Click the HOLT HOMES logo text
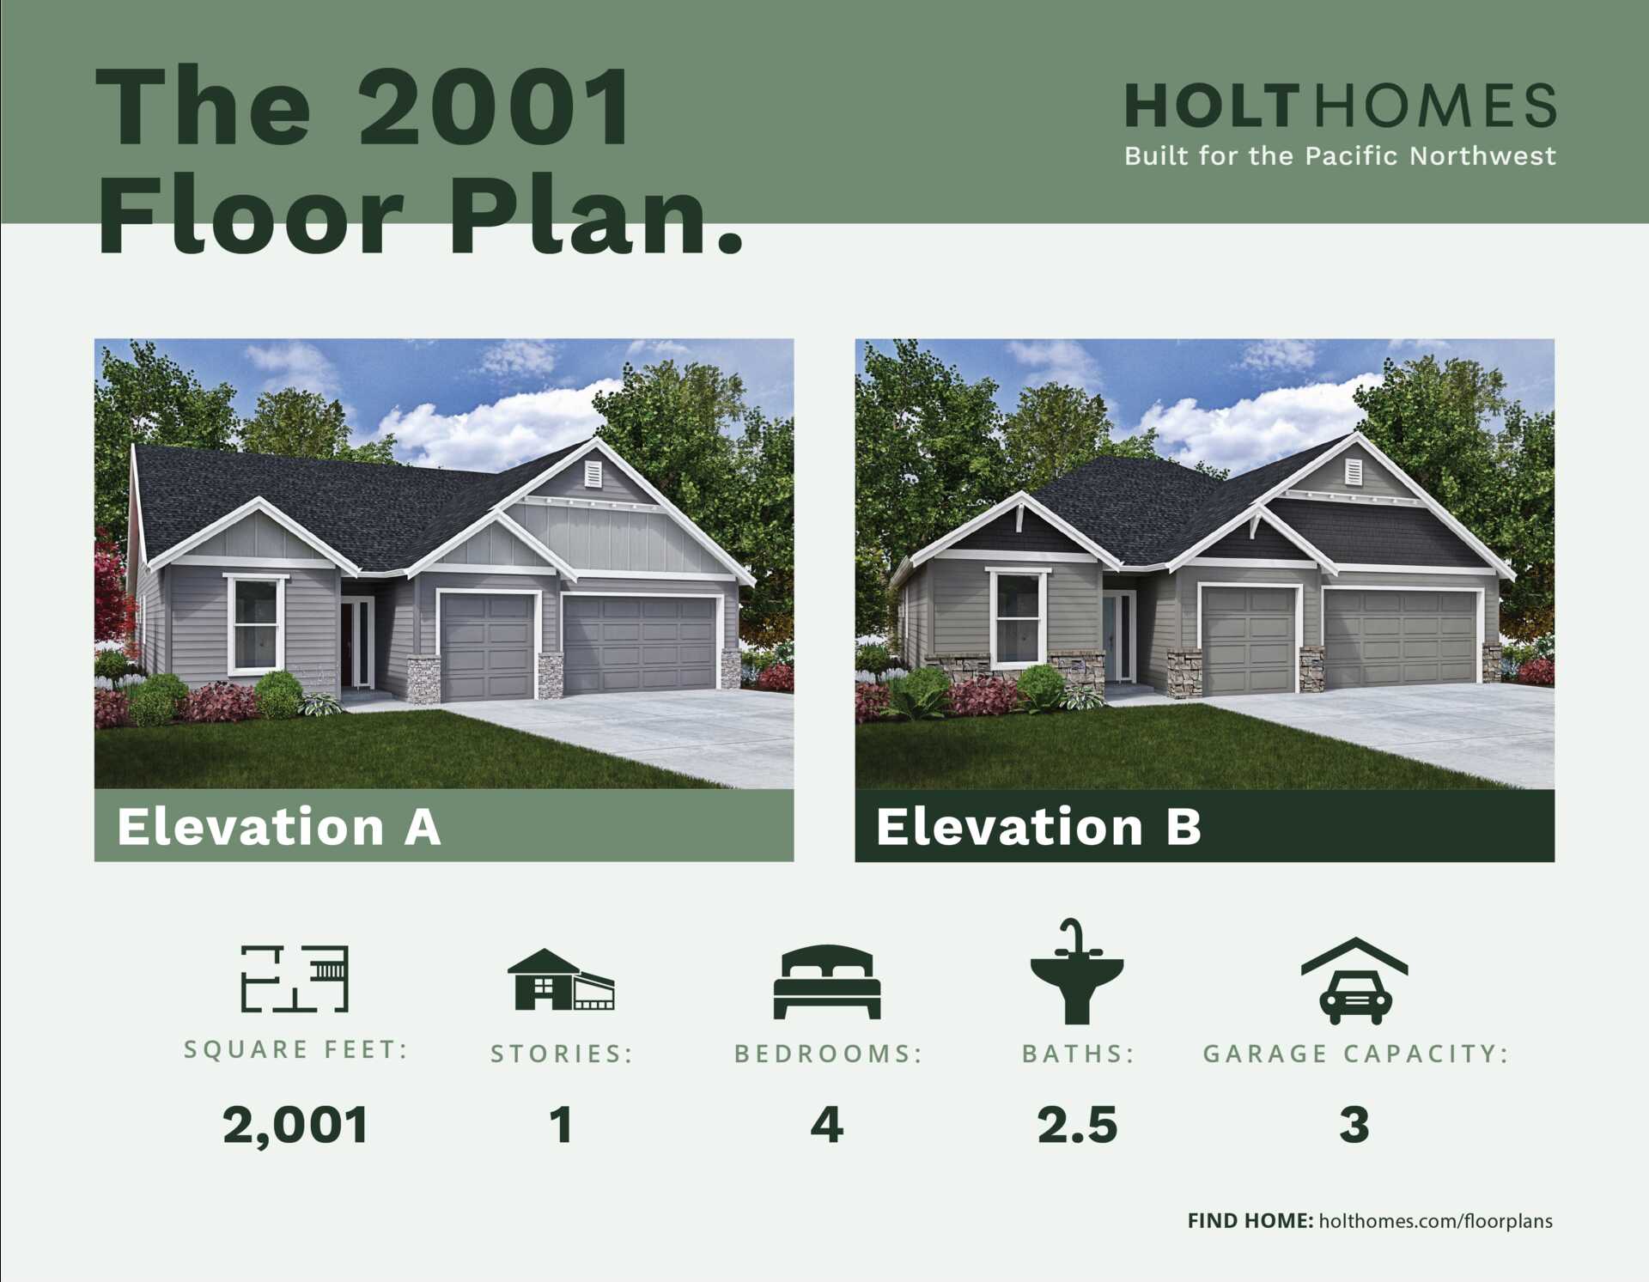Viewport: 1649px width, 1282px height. click(x=1340, y=106)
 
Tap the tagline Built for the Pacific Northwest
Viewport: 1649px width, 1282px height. click(x=1340, y=156)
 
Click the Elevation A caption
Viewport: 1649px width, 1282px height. click(x=279, y=826)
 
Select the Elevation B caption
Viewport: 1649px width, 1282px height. click(x=1038, y=826)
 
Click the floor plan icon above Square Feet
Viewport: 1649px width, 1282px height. click(x=295, y=978)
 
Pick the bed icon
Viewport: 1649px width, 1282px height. click(x=827, y=981)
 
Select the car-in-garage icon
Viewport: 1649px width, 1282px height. click(x=1354, y=981)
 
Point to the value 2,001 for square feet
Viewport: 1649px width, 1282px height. click(x=295, y=1125)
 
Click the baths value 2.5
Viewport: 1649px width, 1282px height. click(x=1078, y=1125)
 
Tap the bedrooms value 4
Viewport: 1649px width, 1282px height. click(x=827, y=1125)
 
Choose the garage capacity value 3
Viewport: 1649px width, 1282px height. click(x=1354, y=1125)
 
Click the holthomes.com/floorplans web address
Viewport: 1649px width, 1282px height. click(x=1435, y=1221)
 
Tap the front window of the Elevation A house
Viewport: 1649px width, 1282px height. click(x=256, y=623)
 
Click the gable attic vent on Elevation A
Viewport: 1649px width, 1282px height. click(x=593, y=474)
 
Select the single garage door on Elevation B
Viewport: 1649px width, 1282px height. click(x=1250, y=639)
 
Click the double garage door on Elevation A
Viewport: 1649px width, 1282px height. click(x=640, y=642)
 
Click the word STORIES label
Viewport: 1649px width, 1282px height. click(x=561, y=1054)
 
